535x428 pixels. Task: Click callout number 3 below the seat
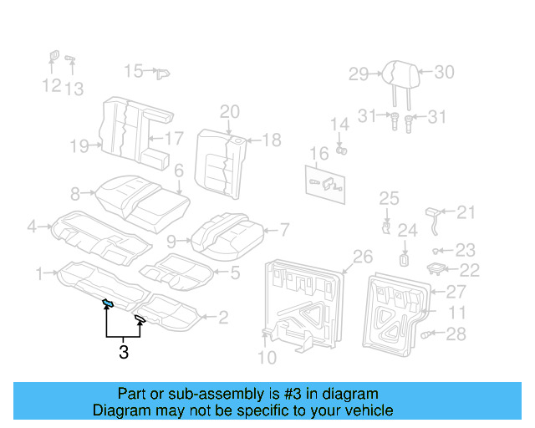pos(124,353)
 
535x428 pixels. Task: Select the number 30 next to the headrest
pos(444,72)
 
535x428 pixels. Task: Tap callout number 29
pos(359,74)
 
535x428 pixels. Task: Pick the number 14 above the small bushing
pos(339,125)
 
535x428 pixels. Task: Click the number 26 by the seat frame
pos(362,256)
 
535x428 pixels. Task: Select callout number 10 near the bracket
pos(266,359)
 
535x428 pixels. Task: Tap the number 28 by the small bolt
pos(456,334)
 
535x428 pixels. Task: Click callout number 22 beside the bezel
pos(470,269)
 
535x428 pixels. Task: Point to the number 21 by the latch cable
pos(466,212)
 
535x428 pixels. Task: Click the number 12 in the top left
pos(51,86)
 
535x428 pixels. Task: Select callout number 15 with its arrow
pos(134,71)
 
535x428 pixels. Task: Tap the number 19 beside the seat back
pos(79,147)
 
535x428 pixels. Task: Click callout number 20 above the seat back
pos(230,112)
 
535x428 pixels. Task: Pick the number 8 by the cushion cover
pos(75,194)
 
